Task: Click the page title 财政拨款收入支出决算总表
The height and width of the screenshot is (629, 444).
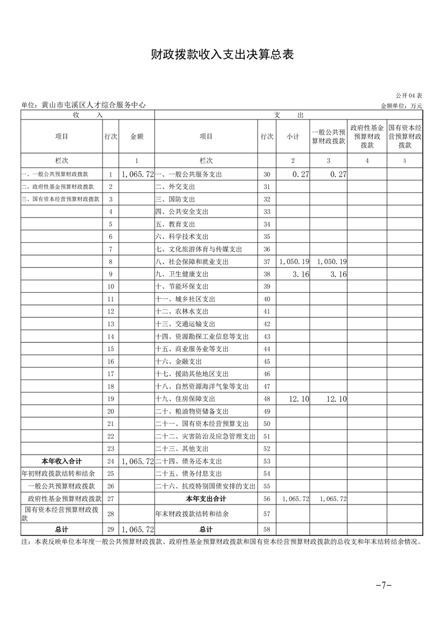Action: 222,54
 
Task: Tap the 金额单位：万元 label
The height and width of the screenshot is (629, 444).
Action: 401,105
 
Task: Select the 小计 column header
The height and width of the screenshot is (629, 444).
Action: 293,136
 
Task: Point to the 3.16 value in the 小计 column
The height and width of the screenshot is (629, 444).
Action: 301,274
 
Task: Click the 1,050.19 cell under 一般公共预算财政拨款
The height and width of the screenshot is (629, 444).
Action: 331,262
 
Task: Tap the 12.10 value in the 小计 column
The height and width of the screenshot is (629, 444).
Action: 299,399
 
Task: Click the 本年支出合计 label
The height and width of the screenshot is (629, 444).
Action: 206,498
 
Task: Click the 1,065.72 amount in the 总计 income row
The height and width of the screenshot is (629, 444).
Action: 137,529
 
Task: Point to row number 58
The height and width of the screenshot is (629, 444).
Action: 267,529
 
